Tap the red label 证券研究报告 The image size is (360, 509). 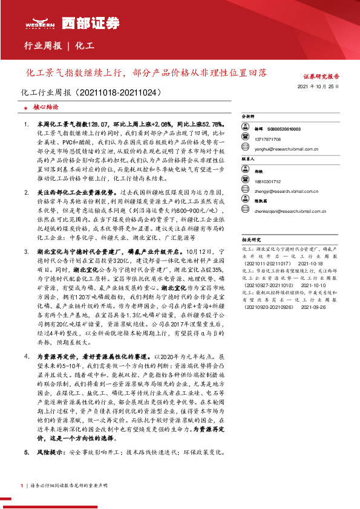tap(321, 77)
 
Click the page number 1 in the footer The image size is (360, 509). tap(21, 485)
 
